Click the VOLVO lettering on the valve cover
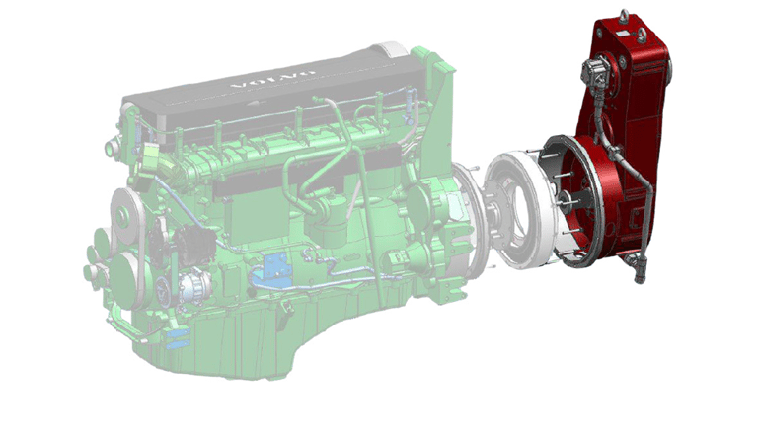pyautogui.click(x=269, y=81)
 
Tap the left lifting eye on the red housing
pyautogui.click(x=625, y=15)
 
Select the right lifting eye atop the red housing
pyautogui.click(x=643, y=34)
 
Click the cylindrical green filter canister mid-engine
pyautogui.click(x=328, y=222)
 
